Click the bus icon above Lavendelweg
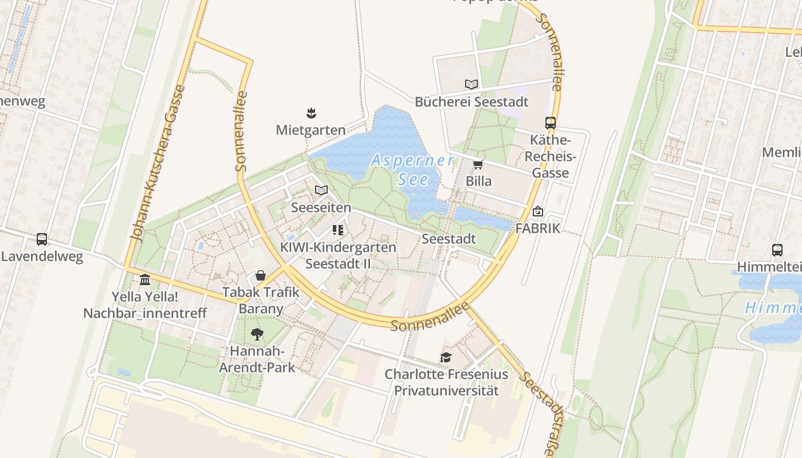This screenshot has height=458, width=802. (x=42, y=239)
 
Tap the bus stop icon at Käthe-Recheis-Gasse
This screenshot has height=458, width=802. (x=551, y=123)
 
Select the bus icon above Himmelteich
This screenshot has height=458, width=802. (x=777, y=250)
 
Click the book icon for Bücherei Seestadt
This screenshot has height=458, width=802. (x=471, y=85)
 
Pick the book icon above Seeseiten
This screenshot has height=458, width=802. (x=321, y=190)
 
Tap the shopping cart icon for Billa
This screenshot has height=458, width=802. (x=478, y=165)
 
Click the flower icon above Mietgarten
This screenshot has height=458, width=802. (x=311, y=113)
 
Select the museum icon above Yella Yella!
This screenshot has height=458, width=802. (x=145, y=280)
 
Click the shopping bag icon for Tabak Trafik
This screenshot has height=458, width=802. (x=261, y=275)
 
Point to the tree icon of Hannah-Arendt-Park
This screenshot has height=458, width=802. (x=257, y=334)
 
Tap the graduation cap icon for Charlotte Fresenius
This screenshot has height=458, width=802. (x=446, y=358)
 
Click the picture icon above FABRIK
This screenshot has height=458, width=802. (x=537, y=211)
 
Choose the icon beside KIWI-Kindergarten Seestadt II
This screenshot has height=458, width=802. (x=337, y=230)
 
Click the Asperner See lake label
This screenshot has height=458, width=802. (x=412, y=170)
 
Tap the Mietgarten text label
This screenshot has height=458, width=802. (x=311, y=130)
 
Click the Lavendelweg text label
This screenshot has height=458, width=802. (x=42, y=256)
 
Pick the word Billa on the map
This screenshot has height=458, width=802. (x=478, y=181)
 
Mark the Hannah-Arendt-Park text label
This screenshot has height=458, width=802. (x=257, y=359)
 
